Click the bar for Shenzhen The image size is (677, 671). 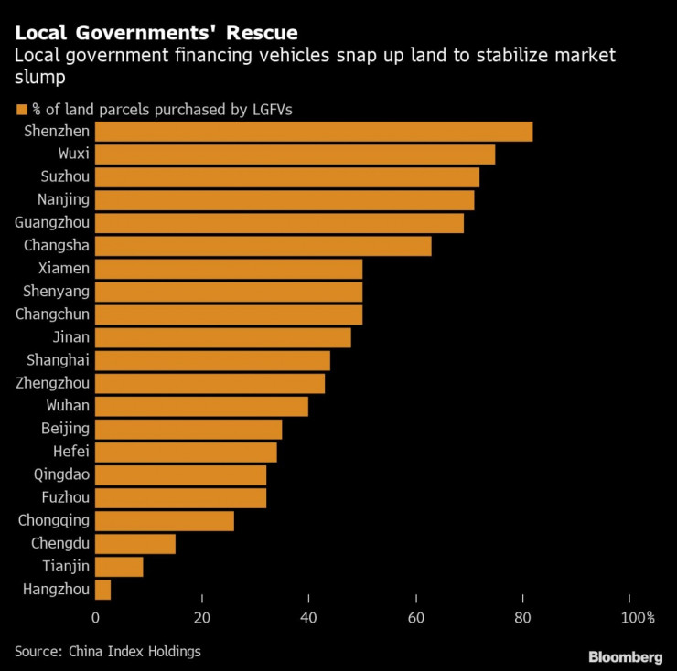[x=313, y=132]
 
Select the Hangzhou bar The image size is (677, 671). [x=102, y=590]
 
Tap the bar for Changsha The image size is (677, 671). [x=263, y=246]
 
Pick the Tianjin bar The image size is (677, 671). [x=119, y=567]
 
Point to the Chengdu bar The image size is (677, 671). [x=134, y=544]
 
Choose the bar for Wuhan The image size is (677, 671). [x=201, y=406]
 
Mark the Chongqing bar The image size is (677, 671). [x=164, y=521]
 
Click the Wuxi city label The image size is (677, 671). [x=72, y=154]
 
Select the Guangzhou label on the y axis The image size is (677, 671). [x=52, y=223]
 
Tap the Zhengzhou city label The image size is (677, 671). [x=52, y=383]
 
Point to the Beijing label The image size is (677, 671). [x=65, y=429]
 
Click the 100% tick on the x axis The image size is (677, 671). [x=638, y=618]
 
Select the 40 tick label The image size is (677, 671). [x=309, y=618]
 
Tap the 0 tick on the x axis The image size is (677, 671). [x=95, y=618]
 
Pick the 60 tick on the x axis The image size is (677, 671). [x=416, y=618]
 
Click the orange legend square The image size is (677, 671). [x=20, y=110]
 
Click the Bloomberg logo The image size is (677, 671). [x=625, y=656]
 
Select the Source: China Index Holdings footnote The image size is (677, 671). [x=107, y=651]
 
